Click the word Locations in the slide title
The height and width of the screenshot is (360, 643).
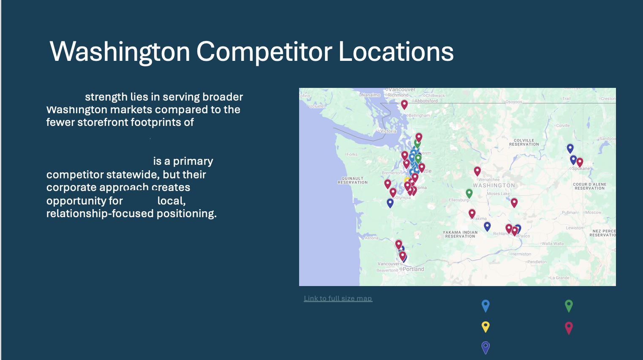(x=396, y=52)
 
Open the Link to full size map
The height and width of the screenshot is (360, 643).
(x=338, y=298)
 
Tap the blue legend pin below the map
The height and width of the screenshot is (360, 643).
(x=485, y=305)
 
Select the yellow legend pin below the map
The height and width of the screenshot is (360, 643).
(x=485, y=326)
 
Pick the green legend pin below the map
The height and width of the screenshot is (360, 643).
(x=569, y=305)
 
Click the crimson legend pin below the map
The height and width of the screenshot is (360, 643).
(x=569, y=327)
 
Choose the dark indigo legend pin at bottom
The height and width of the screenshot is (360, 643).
(x=485, y=347)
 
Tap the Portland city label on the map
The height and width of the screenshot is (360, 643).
(x=413, y=269)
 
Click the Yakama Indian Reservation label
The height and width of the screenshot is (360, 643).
(x=460, y=234)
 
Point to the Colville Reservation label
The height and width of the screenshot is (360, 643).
(x=524, y=142)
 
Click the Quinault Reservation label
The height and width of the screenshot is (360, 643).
(x=352, y=180)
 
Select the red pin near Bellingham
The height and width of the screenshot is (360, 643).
(x=404, y=104)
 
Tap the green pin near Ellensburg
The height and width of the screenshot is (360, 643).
(x=469, y=193)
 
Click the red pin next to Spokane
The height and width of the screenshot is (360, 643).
(x=580, y=162)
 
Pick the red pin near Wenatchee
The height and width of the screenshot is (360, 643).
(x=477, y=171)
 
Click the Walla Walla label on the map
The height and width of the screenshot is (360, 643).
(x=553, y=243)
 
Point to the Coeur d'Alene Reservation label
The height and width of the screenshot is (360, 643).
(x=589, y=186)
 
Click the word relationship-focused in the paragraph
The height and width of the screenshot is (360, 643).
(x=100, y=214)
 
